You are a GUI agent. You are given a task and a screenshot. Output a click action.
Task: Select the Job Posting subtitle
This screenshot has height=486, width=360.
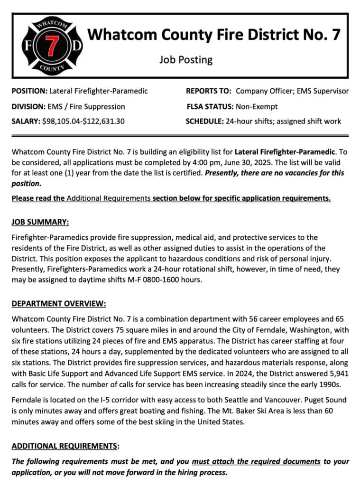185,60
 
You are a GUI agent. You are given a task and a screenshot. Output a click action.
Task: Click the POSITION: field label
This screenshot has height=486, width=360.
29,91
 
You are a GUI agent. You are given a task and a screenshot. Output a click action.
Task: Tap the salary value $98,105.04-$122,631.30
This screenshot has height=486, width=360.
83,121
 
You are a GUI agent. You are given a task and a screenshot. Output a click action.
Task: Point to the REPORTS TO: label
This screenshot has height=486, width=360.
209,91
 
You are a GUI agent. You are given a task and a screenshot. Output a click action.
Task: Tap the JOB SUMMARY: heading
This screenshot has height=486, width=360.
40,222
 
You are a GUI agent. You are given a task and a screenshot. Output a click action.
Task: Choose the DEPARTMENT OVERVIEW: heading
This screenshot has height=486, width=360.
59,303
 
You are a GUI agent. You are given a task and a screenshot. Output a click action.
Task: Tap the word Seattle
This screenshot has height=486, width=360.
245,400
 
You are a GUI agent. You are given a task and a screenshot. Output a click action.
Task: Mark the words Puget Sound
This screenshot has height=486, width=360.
328,400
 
